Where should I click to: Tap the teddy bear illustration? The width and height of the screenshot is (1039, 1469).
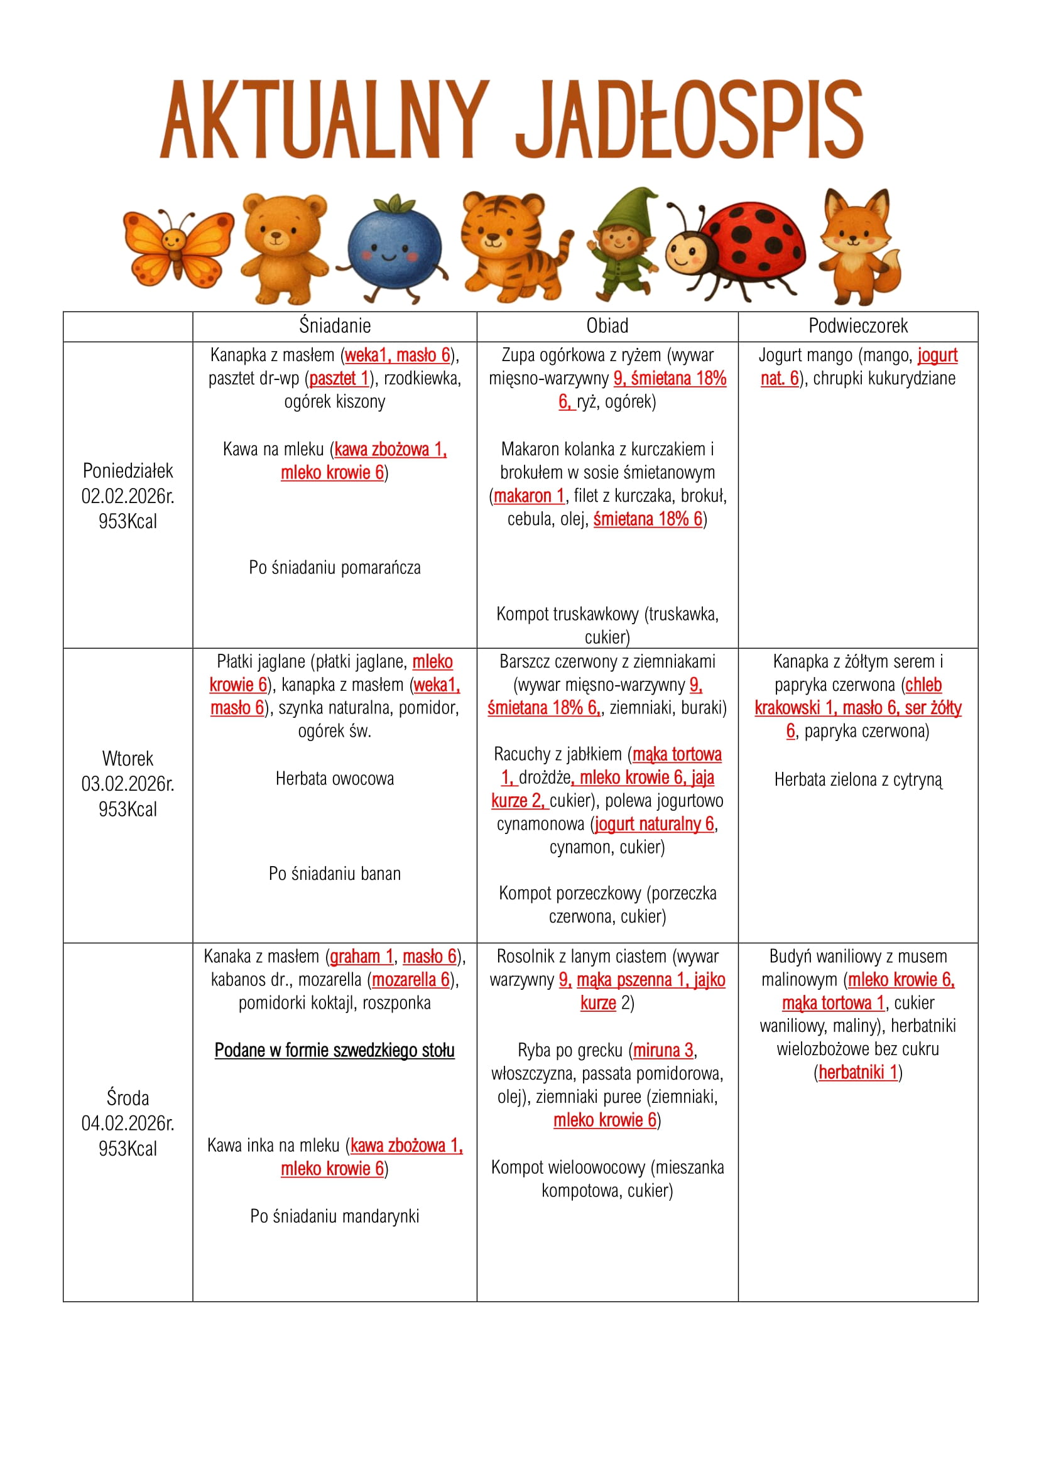pyautogui.click(x=282, y=246)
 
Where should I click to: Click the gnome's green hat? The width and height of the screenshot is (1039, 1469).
pyautogui.click(x=629, y=208)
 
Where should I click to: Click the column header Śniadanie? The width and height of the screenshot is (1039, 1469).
pyautogui.click(x=335, y=327)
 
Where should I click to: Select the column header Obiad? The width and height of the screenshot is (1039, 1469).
pyautogui.click(x=607, y=327)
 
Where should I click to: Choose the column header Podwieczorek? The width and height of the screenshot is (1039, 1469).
pyautogui.click(x=858, y=327)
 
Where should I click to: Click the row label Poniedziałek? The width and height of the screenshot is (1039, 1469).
pyautogui.click(x=128, y=471)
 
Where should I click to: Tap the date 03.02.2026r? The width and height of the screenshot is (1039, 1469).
pyautogui.click(x=128, y=784)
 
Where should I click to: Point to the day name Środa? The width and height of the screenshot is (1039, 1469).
pyautogui.click(x=128, y=1098)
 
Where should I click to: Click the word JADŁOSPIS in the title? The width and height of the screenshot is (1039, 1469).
pyautogui.click(x=689, y=120)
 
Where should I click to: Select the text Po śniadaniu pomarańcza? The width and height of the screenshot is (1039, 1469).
pyautogui.click(x=335, y=568)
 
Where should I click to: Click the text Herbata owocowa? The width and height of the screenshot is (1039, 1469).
pyautogui.click(x=335, y=779)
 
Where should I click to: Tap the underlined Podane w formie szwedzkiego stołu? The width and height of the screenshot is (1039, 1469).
pyautogui.click(x=335, y=1051)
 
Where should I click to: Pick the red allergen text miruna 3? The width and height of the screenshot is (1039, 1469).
pyautogui.click(x=663, y=1051)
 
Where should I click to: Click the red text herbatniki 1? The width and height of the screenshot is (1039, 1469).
pyautogui.click(x=858, y=1072)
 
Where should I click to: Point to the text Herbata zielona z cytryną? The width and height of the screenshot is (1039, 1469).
pyautogui.click(x=858, y=779)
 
